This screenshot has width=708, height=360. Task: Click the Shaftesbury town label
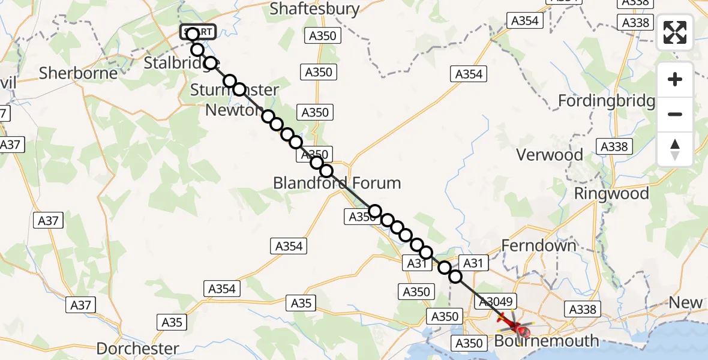(x=314, y=9)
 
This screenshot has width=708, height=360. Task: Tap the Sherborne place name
(x=78, y=73)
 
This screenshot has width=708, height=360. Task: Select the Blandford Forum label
(x=337, y=182)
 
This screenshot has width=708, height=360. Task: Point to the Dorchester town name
(x=137, y=349)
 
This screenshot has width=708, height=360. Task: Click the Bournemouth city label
(x=547, y=341)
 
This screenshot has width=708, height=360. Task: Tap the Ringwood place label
(x=611, y=194)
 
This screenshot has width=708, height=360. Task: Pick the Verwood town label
(x=550, y=155)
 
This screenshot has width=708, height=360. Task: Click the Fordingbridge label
(x=606, y=101)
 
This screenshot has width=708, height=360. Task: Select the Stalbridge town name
(x=176, y=62)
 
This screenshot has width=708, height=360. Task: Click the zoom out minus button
(x=675, y=114)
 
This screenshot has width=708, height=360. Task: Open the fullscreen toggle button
(x=675, y=32)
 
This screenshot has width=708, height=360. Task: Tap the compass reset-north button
(x=675, y=149)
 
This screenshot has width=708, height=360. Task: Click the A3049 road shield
(x=492, y=302)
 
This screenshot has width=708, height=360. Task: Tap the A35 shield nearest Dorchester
(x=172, y=322)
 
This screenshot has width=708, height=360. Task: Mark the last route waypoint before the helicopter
(x=455, y=277)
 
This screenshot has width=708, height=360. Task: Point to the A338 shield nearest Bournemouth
(x=581, y=309)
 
